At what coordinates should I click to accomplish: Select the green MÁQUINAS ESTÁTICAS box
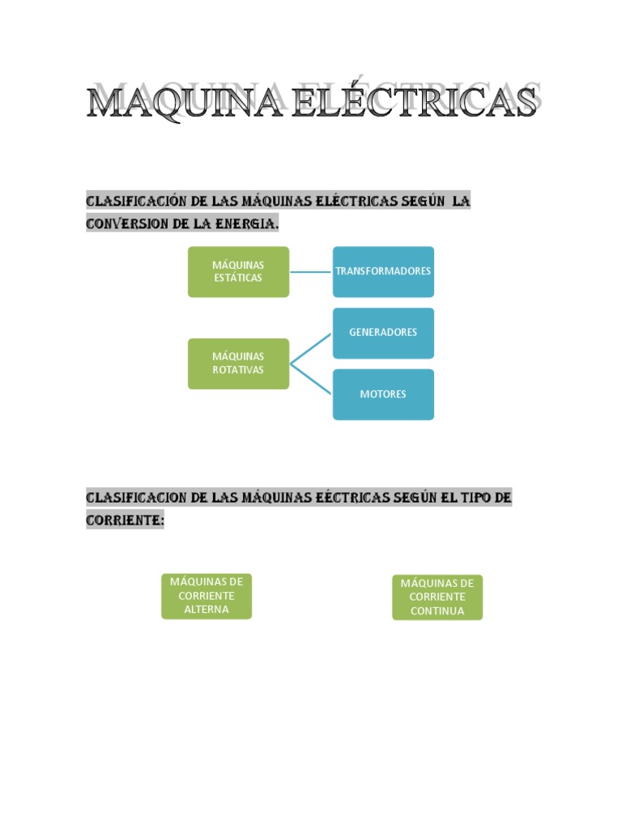(x=238, y=272)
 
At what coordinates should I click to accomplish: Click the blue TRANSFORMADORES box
(x=383, y=271)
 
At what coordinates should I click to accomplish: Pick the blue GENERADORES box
(x=383, y=333)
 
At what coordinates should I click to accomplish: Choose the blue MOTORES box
(x=383, y=394)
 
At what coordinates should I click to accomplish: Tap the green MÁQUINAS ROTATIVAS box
(x=238, y=363)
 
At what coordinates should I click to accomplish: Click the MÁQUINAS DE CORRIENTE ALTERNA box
(x=207, y=596)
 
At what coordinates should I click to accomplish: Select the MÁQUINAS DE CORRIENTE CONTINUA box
(x=437, y=597)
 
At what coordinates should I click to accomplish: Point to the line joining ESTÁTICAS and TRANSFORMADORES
(x=310, y=272)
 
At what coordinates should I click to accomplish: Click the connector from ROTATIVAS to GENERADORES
(x=311, y=349)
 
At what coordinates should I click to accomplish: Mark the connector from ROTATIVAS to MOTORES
(x=311, y=379)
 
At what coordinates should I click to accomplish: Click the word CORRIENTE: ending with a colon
(x=125, y=520)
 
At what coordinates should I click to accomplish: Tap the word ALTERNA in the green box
(x=207, y=610)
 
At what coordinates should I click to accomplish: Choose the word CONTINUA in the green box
(x=437, y=611)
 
